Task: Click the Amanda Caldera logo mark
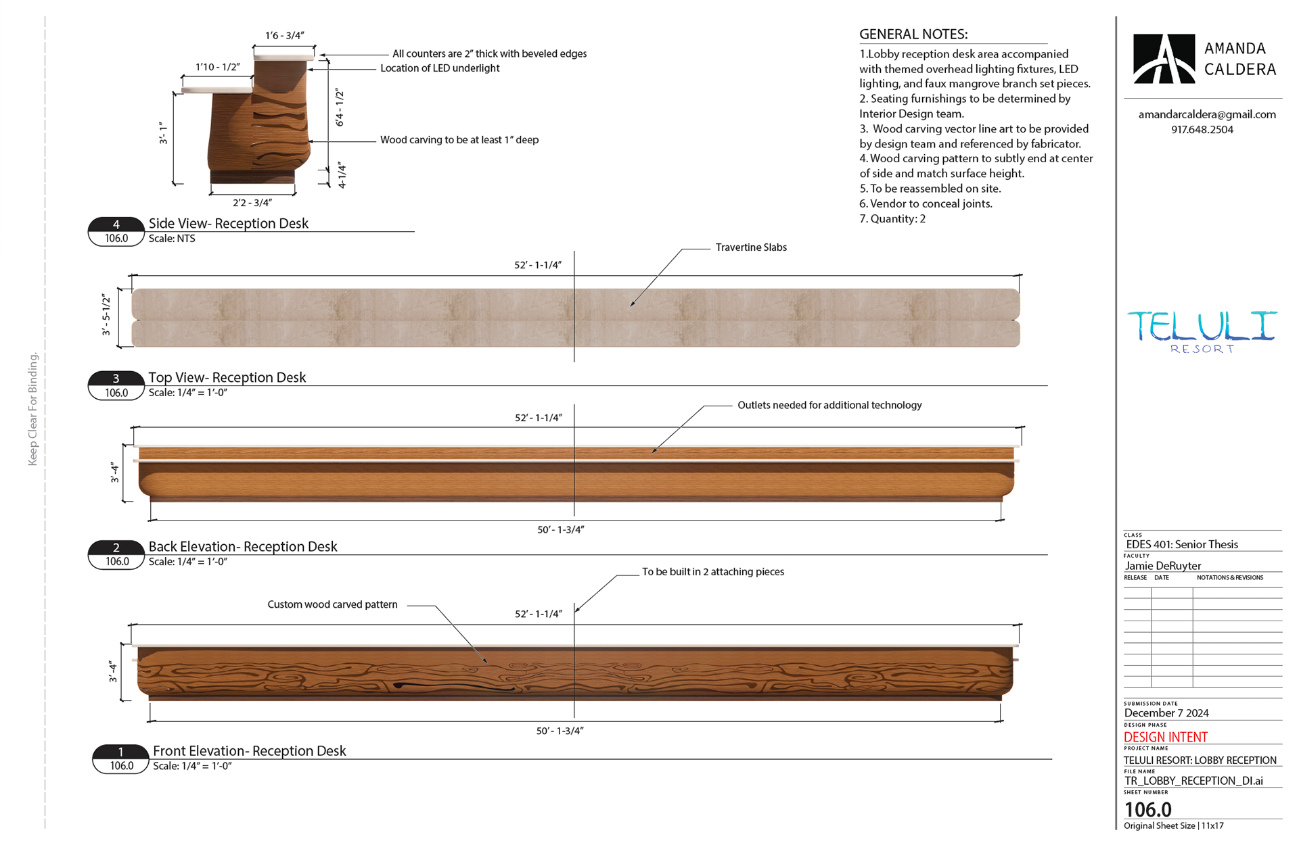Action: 1164,59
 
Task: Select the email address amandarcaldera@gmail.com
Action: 1207,115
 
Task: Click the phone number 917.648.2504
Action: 1202,130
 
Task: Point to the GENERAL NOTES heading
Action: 913,34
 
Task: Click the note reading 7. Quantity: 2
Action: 892,219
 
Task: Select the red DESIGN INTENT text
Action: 1166,738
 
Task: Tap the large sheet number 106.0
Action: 1147,809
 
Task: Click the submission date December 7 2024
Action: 1166,713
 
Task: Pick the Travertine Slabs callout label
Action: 751,247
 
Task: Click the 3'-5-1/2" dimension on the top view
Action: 106,314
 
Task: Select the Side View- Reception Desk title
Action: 229,224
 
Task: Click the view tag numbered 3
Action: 116,379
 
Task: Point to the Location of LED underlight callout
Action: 440,68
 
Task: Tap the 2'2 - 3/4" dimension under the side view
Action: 252,203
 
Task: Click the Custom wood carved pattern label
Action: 332,604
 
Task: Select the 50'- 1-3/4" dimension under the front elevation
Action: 560,731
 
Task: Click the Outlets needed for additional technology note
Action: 829,405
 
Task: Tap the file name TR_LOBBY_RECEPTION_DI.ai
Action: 1193,781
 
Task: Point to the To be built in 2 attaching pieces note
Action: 713,572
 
